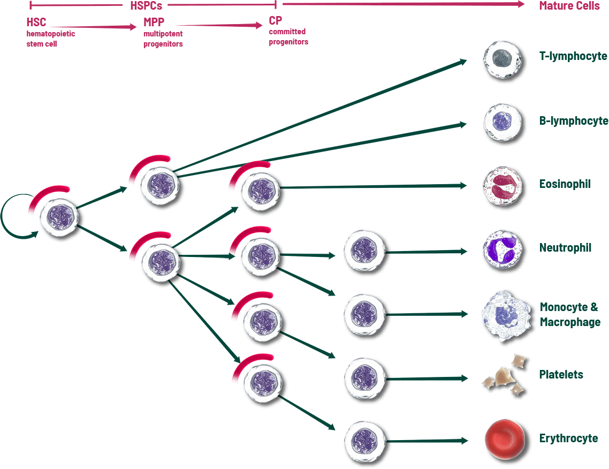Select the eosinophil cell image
tap(502, 186)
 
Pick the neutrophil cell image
tap(502, 249)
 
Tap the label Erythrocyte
tap(568, 438)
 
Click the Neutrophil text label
tap(565, 248)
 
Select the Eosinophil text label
tap(565, 184)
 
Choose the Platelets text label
tap(561, 375)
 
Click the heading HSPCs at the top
tap(146, 6)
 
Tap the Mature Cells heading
tap(569, 6)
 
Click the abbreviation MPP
tap(154, 23)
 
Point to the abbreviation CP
tap(275, 21)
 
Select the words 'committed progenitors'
tap(288, 36)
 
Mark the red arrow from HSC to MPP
tap(94, 26)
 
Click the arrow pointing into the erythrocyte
tap(425, 441)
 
